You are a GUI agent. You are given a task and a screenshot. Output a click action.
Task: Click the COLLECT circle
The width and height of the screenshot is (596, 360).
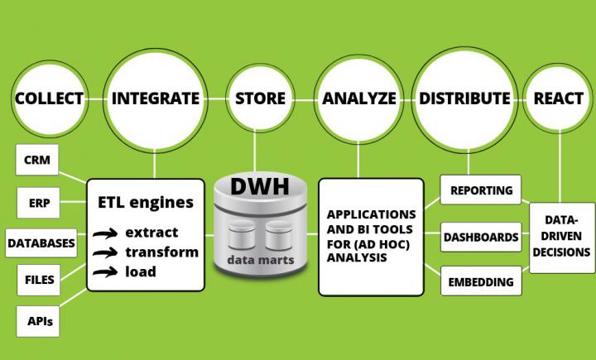tap(50, 98)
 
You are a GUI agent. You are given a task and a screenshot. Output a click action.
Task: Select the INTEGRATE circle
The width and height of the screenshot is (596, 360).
tap(155, 98)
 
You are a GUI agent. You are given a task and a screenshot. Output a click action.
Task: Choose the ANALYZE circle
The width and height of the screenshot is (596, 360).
tap(358, 98)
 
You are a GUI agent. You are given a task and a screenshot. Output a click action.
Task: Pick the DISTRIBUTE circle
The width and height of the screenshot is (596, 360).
tap(464, 98)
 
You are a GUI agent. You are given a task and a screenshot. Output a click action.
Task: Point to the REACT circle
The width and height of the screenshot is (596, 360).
tap(558, 98)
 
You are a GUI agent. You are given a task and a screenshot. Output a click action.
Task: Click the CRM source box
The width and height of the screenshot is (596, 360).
tap(36, 161)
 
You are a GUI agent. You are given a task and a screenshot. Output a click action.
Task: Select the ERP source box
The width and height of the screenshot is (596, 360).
tap(36, 201)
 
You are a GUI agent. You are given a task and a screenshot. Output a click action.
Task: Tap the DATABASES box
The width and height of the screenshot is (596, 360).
tap(41, 242)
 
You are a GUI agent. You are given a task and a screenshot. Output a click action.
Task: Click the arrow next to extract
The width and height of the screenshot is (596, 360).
tap(104, 234)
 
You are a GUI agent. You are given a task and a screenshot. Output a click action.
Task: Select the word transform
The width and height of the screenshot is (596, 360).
tap(161, 252)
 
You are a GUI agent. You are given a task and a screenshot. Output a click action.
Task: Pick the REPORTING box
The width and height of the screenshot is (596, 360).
tap(481, 191)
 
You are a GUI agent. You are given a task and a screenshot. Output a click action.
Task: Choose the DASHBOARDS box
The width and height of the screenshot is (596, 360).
tap(481, 237)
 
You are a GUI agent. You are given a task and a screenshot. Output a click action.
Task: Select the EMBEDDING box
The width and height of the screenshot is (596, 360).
tap(481, 281)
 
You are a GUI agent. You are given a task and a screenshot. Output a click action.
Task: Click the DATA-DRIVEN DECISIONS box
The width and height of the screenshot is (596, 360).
tap(561, 237)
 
